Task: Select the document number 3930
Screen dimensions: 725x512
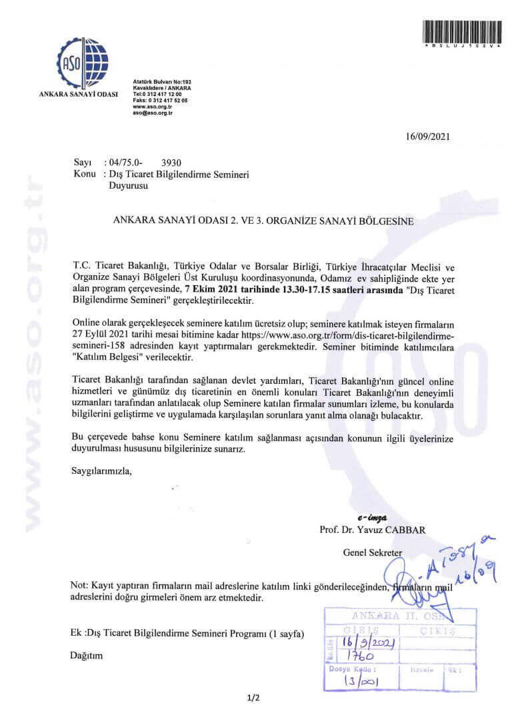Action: tap(172, 163)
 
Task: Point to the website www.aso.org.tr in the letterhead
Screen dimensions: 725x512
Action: tap(153, 107)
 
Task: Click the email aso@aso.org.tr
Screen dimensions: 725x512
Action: tap(153, 113)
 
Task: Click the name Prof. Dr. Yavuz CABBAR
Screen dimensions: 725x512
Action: tap(372, 530)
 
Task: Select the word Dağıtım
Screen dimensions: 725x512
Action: tap(87, 656)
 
